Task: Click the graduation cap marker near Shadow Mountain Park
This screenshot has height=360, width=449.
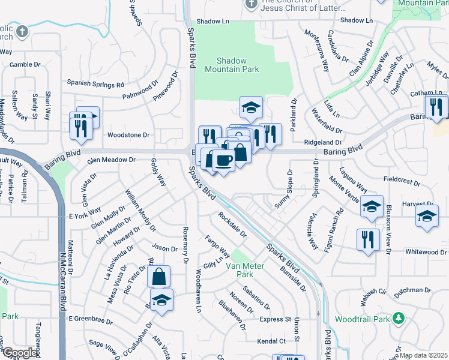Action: point(251,108)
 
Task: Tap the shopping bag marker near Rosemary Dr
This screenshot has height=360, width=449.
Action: point(158,277)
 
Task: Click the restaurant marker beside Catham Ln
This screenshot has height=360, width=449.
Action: point(436,106)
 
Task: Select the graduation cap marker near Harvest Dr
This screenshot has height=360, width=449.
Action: point(427,217)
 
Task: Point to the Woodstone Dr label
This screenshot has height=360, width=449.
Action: point(128,135)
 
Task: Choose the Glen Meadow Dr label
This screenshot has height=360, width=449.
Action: point(112,160)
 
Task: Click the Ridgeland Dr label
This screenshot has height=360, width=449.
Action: point(323,143)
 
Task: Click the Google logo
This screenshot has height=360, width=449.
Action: point(20,353)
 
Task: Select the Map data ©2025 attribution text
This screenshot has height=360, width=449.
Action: point(423,355)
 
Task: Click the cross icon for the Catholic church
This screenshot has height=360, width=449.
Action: point(22,31)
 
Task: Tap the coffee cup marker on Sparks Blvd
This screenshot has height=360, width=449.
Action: point(223,161)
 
